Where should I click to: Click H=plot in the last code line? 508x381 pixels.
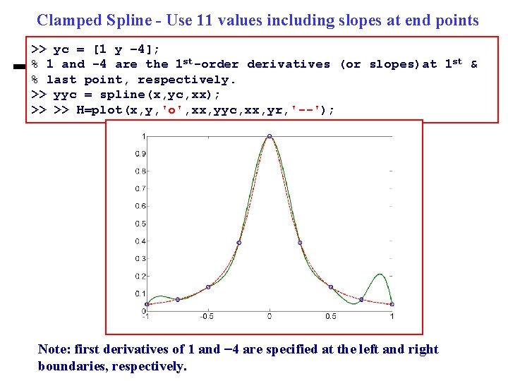pos(99,110)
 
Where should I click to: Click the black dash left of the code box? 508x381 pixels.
pos(17,67)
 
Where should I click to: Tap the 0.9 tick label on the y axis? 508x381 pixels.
pos(140,154)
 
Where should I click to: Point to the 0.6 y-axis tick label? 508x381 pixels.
pos(140,206)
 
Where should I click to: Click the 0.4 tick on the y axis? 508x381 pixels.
pos(140,241)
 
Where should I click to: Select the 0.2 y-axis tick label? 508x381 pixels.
pos(140,276)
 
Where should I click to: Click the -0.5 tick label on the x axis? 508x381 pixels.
pos(207,316)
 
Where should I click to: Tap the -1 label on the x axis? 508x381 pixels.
pos(146,316)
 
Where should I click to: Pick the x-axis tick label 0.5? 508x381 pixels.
pos(330,316)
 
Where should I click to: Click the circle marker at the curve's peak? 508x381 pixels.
pos(269,136)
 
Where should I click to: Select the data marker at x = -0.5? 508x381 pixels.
pos(208,286)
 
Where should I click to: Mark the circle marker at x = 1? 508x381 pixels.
pos(392,304)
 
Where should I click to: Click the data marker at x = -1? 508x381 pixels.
pos(147,304)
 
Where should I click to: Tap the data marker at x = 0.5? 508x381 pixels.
pos(330,286)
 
